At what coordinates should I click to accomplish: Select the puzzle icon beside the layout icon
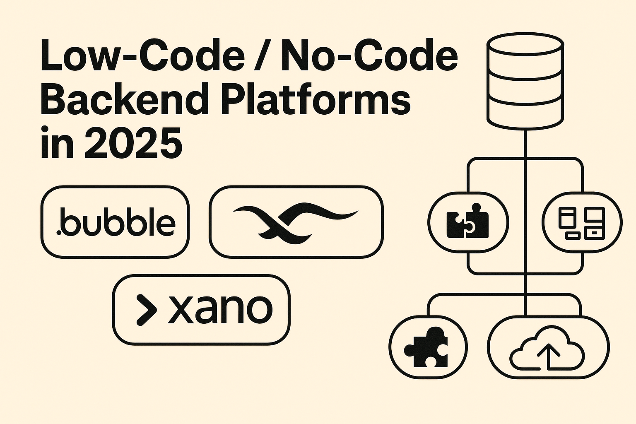[x=468, y=221]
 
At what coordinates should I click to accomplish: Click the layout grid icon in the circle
[x=581, y=222]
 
